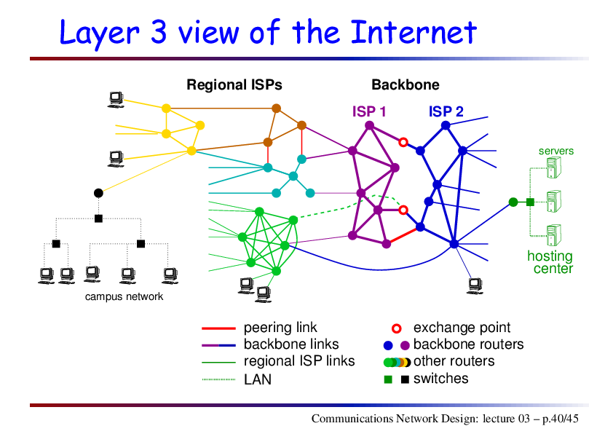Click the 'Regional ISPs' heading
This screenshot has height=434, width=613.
point(234,85)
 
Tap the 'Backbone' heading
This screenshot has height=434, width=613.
point(406,85)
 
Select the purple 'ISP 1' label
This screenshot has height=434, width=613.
point(369,112)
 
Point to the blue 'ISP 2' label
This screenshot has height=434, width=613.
point(446,112)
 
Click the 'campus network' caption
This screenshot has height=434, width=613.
point(124,296)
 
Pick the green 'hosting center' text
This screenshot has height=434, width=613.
point(550,262)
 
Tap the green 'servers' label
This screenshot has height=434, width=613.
point(556,151)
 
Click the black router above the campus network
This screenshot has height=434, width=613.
point(98,193)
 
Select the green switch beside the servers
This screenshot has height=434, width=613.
point(530,202)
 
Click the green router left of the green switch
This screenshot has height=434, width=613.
point(513,202)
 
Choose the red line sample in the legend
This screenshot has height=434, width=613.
point(218,328)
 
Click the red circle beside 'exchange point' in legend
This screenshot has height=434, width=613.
point(397,328)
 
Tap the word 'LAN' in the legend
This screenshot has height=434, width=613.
point(258,379)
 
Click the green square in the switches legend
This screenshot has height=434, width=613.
point(388,379)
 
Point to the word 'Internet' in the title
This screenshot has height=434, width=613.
point(414,32)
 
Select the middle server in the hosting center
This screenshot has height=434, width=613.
point(554,201)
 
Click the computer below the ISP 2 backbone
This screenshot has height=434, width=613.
point(475,286)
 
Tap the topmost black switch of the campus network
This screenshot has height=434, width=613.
point(98,218)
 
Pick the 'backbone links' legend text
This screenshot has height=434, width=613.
point(291,344)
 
